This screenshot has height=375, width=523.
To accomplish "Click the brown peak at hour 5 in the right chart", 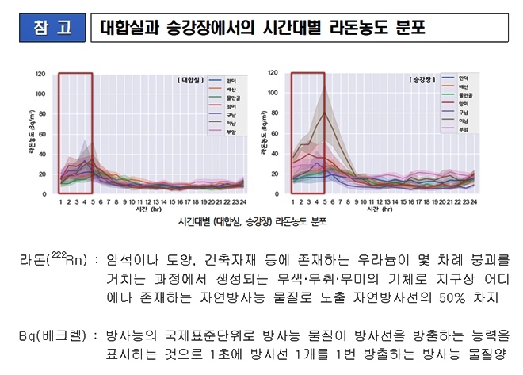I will click(323, 113).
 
